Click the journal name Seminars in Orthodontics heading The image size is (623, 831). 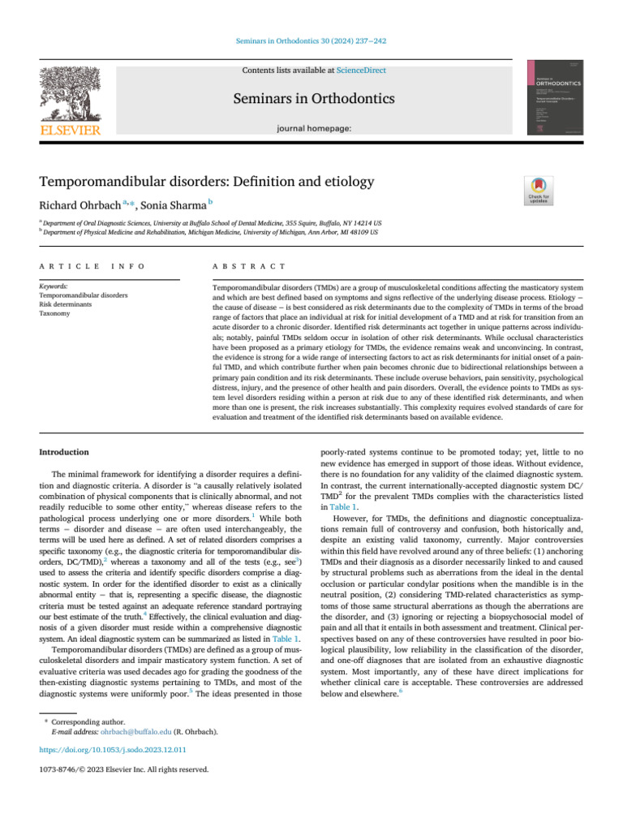click(x=314, y=99)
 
